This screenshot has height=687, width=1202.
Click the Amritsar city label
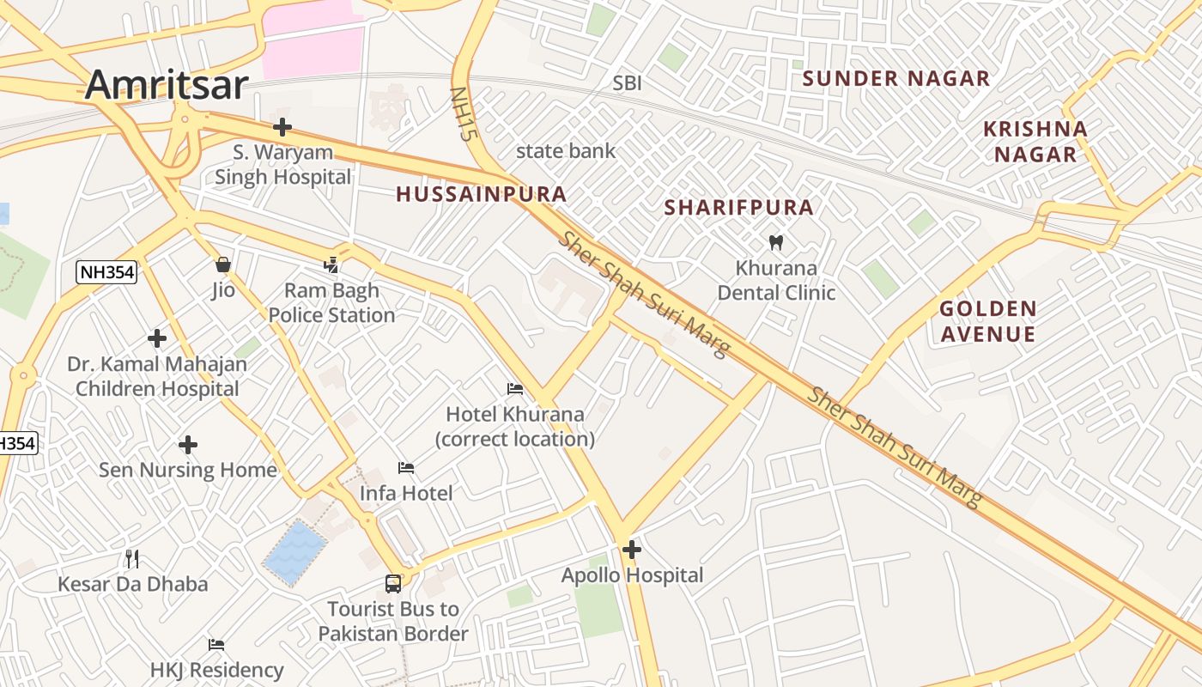tap(167, 84)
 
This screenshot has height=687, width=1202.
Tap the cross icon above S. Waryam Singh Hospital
tap(282, 128)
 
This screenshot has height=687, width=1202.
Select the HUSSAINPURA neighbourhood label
tap(481, 194)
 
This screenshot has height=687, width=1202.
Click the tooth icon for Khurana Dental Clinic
tap(776, 243)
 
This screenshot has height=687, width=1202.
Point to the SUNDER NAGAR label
tap(895, 79)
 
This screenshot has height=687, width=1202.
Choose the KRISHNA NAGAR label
tap(1035, 142)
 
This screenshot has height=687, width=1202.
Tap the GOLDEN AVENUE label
tap(987, 321)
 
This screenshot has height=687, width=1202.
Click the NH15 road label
tap(463, 112)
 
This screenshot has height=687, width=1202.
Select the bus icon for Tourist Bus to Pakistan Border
tap(392, 584)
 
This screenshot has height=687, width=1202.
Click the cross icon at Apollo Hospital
tap(632, 550)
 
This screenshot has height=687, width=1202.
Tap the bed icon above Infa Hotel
tap(406, 468)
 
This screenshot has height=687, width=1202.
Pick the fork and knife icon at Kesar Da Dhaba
tap(132, 559)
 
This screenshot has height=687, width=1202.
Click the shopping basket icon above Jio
tap(223, 264)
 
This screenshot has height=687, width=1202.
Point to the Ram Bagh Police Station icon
tap(331, 265)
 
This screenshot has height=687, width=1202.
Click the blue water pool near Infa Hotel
tap(294, 552)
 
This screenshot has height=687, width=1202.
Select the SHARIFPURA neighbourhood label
tap(738, 208)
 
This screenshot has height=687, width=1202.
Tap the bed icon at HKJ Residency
tap(216, 644)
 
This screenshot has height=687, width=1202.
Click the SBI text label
tap(627, 83)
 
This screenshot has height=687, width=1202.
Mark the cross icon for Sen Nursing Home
tap(187, 445)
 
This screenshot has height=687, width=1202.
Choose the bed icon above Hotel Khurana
tap(514, 389)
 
